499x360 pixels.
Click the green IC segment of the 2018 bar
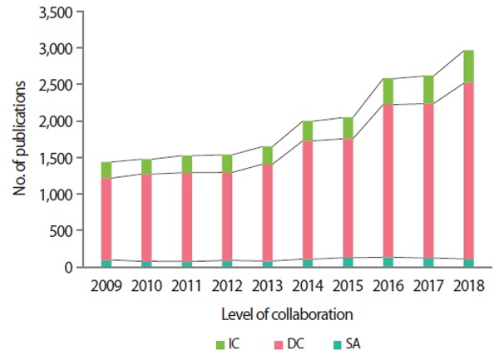pyautogui.click(x=468, y=67)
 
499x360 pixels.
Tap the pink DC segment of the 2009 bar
pyautogui.click(x=106, y=219)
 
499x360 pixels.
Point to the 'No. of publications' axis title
pyautogui.click(x=19, y=140)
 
